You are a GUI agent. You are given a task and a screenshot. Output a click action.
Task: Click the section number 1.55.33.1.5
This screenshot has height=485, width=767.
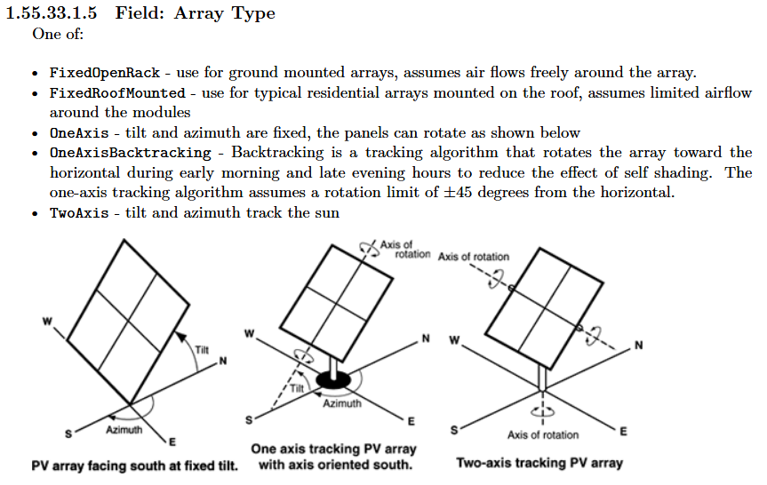coord(51,13)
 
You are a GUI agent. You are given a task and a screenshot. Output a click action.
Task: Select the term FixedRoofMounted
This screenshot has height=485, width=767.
coord(117,92)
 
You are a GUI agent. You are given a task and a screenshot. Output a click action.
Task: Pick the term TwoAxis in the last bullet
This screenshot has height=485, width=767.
coord(79,213)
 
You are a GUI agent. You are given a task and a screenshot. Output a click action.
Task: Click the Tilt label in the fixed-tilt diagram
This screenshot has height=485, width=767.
coord(202,350)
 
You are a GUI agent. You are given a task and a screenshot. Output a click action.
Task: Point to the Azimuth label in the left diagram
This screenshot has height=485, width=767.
coord(124,431)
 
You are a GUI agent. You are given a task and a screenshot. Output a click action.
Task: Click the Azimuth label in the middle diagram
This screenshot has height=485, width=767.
coord(342,403)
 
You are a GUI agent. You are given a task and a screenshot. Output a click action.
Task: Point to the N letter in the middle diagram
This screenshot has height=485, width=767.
coord(425,338)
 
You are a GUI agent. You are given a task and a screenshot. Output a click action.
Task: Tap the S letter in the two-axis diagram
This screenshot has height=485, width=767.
coord(457,430)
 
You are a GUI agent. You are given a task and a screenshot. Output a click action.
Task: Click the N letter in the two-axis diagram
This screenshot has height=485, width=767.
coord(638,345)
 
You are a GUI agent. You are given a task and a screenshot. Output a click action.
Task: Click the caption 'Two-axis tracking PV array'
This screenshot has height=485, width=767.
coord(539,463)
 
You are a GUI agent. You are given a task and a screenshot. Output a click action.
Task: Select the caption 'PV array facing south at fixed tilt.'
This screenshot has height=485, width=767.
coord(134,465)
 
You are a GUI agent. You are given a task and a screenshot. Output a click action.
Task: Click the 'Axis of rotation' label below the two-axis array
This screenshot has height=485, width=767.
coord(542,435)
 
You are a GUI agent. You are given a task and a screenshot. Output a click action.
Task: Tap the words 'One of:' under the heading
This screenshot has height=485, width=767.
coord(58,35)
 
